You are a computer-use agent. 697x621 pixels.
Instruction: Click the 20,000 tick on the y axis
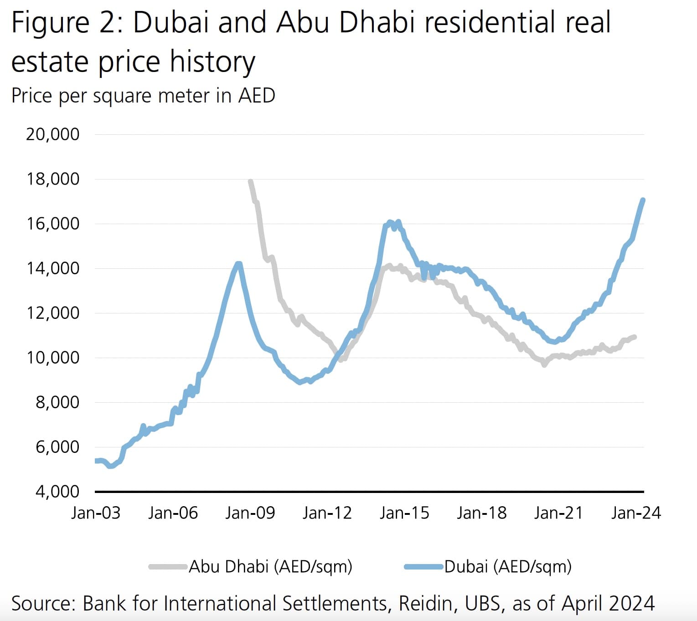click(53, 134)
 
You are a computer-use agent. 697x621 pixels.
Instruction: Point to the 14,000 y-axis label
click(53, 268)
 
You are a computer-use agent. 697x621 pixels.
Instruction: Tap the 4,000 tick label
click(57, 492)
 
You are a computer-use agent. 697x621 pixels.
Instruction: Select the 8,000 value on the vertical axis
click(57, 402)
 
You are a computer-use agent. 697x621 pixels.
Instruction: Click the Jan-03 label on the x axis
click(96, 513)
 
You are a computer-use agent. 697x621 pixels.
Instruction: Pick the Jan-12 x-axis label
click(327, 513)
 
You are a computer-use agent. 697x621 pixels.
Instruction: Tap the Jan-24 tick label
click(636, 513)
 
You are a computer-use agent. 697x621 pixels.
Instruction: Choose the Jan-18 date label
click(482, 513)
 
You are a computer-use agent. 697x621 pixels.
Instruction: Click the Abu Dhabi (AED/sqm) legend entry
click(270, 567)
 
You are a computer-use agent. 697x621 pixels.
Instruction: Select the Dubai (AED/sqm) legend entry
click(507, 567)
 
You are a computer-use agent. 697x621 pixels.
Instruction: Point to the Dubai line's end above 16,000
click(643, 200)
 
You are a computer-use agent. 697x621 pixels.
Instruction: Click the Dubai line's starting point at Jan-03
click(96, 461)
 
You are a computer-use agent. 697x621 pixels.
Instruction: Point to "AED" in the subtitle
click(256, 96)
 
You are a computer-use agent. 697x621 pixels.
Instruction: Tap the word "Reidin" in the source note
click(426, 603)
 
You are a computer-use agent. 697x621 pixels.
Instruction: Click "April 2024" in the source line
click(608, 603)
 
